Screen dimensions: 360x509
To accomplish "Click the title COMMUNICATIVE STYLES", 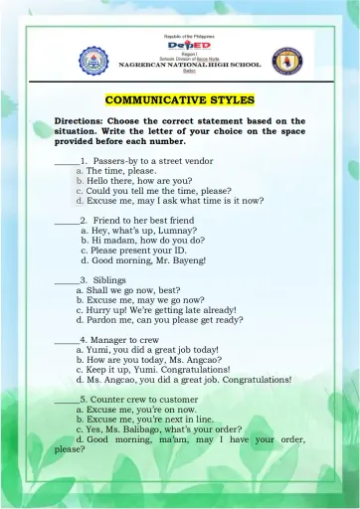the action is (180, 99).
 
